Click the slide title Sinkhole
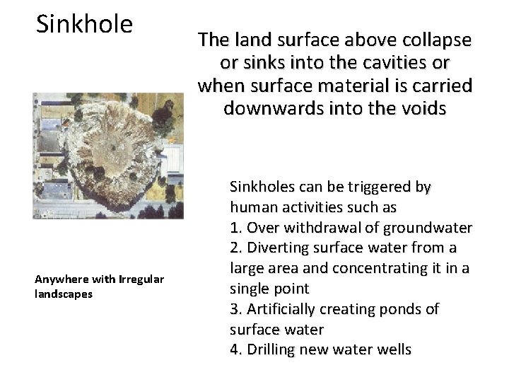(x=84, y=24)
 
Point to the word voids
(x=421, y=108)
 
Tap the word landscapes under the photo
(x=64, y=294)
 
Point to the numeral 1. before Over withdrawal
(x=235, y=228)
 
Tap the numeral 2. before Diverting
(x=235, y=248)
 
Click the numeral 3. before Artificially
(x=235, y=309)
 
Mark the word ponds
(x=402, y=309)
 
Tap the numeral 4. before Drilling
(x=235, y=349)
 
